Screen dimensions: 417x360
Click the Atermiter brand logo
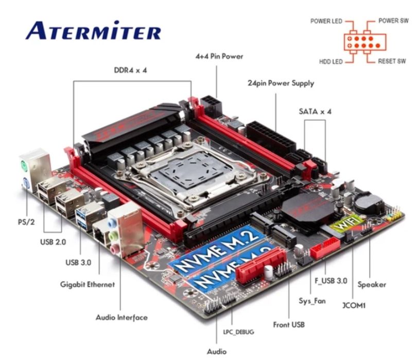(x=93, y=30)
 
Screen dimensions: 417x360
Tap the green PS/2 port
(x=24, y=167)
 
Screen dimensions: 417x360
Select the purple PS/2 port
(x=26, y=183)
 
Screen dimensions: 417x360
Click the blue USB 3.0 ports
(x=81, y=218)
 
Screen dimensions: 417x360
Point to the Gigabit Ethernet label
(x=88, y=284)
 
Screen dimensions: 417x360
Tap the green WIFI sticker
(x=347, y=224)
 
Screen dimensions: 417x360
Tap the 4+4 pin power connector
(x=211, y=105)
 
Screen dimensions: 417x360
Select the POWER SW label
(x=393, y=21)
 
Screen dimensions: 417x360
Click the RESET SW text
(x=392, y=61)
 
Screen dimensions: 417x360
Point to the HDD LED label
(x=331, y=62)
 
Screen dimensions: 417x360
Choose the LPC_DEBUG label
(x=238, y=332)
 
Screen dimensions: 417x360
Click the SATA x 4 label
(x=315, y=111)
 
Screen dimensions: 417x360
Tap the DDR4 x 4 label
(x=130, y=70)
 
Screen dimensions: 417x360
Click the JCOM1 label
(x=354, y=305)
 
